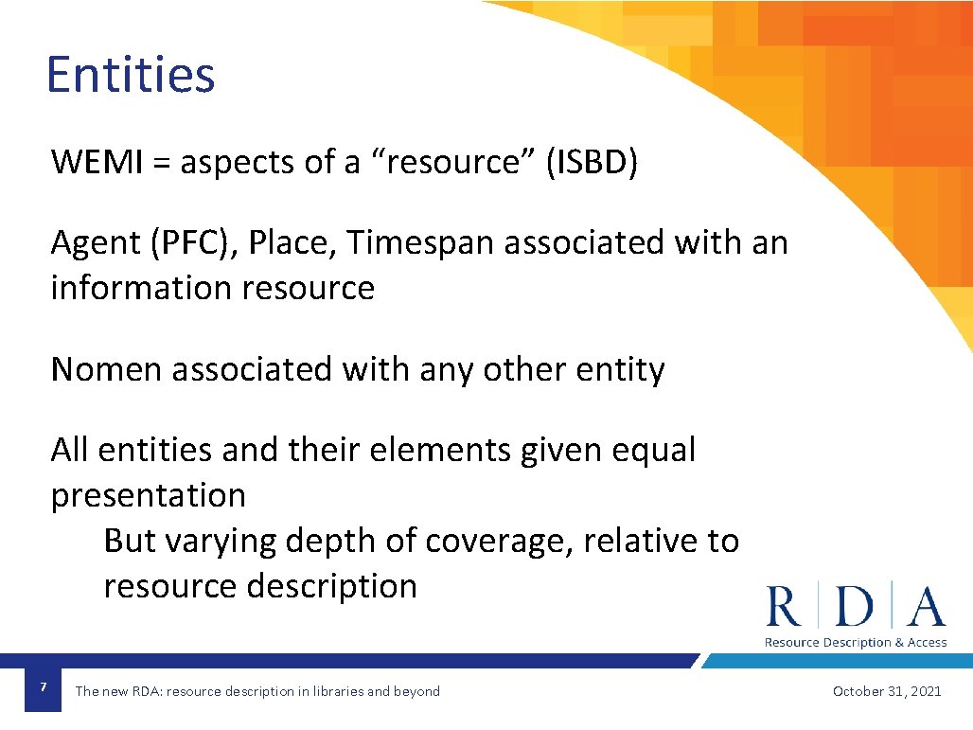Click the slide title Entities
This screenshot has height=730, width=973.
(x=131, y=75)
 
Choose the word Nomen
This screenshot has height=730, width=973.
(x=106, y=369)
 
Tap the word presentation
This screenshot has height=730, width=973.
(x=149, y=496)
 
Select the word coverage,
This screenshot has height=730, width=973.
(x=500, y=541)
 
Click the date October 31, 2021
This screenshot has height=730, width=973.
(x=887, y=691)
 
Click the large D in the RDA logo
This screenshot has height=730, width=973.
(x=856, y=607)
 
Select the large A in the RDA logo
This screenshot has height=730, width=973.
(x=925, y=607)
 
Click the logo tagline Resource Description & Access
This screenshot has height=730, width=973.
(x=856, y=642)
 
